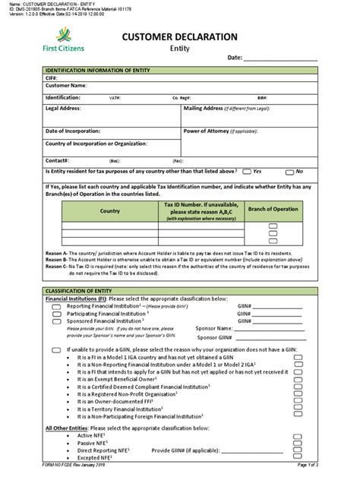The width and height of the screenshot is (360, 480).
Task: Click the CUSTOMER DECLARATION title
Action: (x=180, y=36)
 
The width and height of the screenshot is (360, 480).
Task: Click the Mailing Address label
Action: (x=210, y=109)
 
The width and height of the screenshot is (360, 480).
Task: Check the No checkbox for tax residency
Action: (x=289, y=172)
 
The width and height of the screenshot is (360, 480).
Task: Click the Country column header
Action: (x=110, y=210)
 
